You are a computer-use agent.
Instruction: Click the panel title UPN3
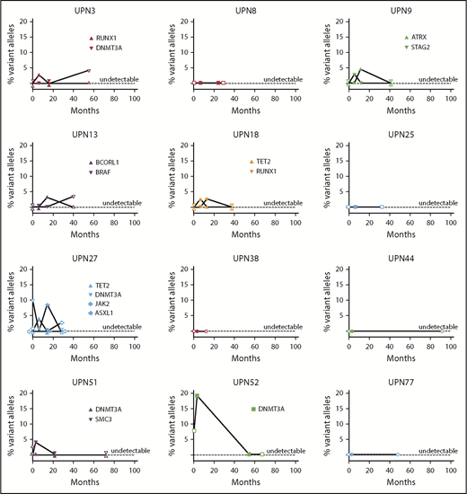[83, 9]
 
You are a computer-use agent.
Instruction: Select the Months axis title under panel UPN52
[242, 481]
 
